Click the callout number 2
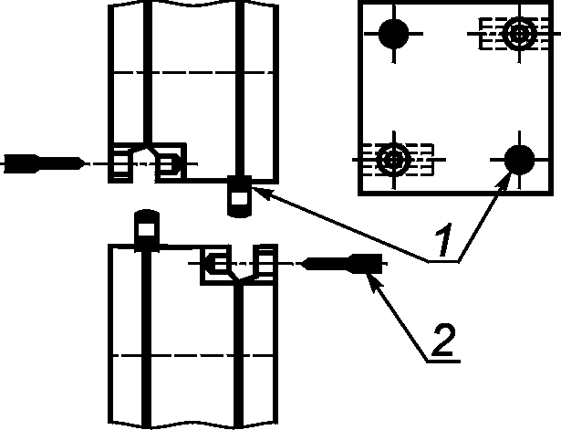(x=441, y=341)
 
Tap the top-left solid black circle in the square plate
(x=394, y=35)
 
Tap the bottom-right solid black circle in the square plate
(x=521, y=161)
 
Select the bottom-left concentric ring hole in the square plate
(x=394, y=160)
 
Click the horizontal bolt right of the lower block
(x=342, y=264)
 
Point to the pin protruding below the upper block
(x=239, y=196)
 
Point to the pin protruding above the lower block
(x=147, y=228)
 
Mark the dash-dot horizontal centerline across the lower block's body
(x=192, y=353)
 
